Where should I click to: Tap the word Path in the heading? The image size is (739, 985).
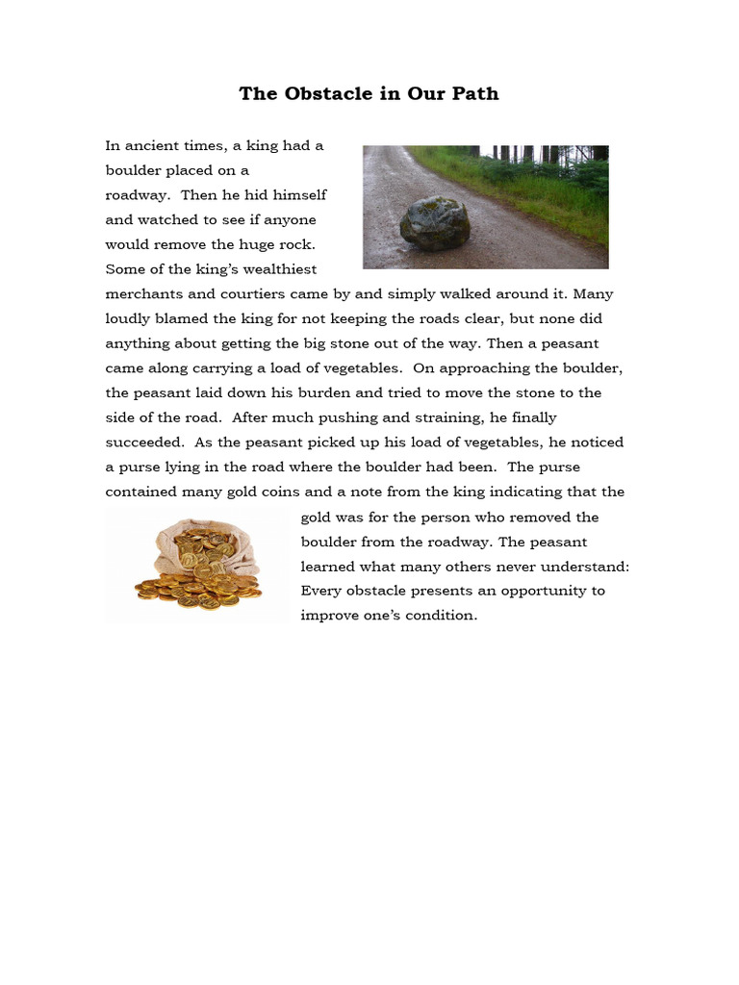[474, 94]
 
